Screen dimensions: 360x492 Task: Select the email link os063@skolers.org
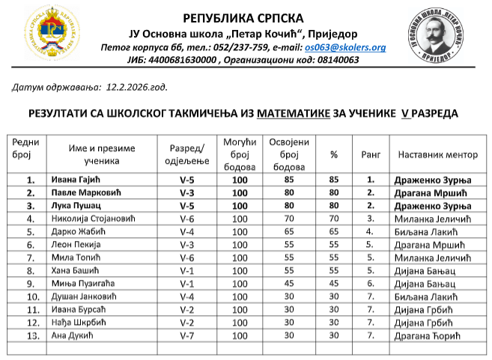click(345, 47)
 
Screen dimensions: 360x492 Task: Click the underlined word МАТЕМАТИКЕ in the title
click(293, 114)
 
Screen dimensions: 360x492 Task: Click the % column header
click(334, 154)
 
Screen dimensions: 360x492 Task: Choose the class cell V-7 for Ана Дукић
click(188, 335)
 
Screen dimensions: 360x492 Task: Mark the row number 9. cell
click(31, 283)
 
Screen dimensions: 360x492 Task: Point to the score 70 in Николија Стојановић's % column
click(334, 219)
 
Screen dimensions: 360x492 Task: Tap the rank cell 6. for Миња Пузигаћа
click(370, 283)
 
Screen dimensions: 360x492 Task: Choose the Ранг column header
click(370, 154)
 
